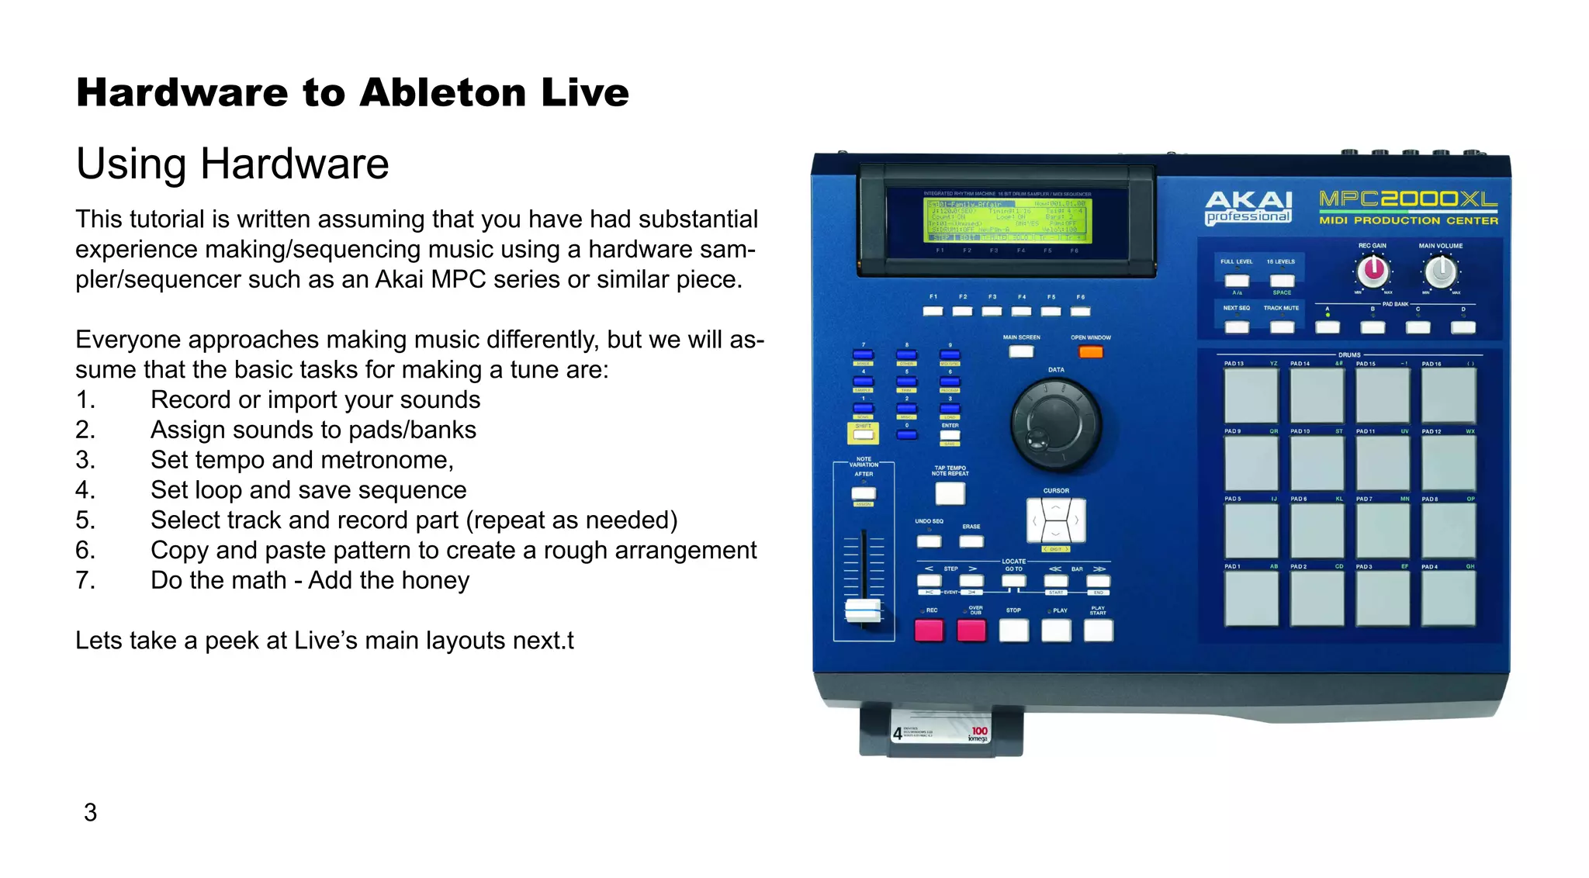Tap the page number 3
click(x=90, y=812)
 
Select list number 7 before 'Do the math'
click(x=85, y=580)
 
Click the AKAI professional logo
click(x=1248, y=207)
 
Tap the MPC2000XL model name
click(x=1408, y=200)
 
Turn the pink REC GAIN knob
click(x=1373, y=270)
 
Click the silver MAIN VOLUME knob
click(x=1441, y=271)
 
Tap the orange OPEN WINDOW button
click(x=1090, y=352)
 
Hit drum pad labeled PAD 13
click(x=1251, y=396)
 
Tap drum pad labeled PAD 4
click(x=1448, y=598)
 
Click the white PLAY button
click(x=1056, y=631)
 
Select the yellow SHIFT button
click(x=863, y=434)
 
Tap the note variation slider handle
click(x=863, y=610)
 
